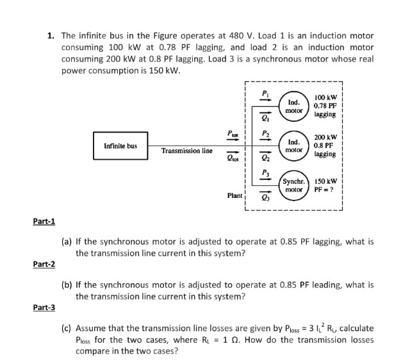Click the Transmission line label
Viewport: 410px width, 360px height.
pos(186,151)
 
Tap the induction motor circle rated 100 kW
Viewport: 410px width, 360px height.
pos(294,106)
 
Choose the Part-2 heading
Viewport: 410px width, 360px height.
pos(44,265)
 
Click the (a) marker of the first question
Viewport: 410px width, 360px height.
pos(66,243)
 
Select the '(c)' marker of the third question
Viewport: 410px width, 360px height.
pos(66,329)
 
